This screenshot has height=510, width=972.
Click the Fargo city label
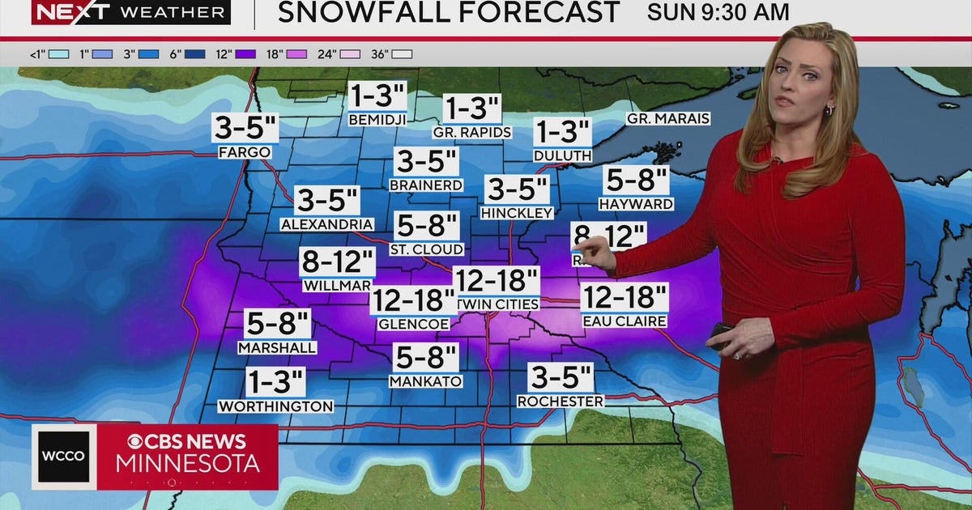tap(244, 151)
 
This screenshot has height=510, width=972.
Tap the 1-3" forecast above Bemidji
tap(377, 97)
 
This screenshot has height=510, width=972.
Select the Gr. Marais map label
tap(668, 119)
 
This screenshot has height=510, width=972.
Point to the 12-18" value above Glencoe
tap(412, 301)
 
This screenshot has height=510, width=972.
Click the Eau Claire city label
tap(625, 321)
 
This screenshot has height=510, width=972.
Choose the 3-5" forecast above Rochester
tap(561, 378)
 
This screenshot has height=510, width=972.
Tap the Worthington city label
tap(275, 406)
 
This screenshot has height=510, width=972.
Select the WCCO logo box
tap(64, 456)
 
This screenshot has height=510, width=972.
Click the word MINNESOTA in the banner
tap(188, 464)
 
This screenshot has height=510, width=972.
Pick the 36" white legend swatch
tap(403, 54)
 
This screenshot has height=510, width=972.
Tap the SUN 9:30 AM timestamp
tap(718, 12)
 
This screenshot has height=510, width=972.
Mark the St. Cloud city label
tap(427, 249)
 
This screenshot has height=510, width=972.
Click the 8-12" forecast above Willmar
tap(338, 262)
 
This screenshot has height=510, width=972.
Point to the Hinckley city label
tap(517, 213)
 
